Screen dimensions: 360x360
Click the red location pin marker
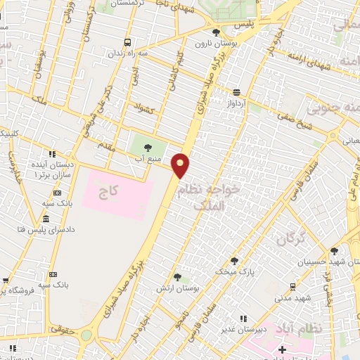point(181,165)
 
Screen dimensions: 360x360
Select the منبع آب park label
point(148,159)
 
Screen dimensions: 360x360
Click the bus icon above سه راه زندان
point(127,42)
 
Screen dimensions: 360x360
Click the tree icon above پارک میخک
point(234,261)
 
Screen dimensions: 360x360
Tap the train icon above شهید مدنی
point(292,287)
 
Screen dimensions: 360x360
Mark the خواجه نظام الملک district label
point(208,196)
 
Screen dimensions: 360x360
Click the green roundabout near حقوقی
point(86,336)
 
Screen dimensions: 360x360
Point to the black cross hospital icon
point(283,349)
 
